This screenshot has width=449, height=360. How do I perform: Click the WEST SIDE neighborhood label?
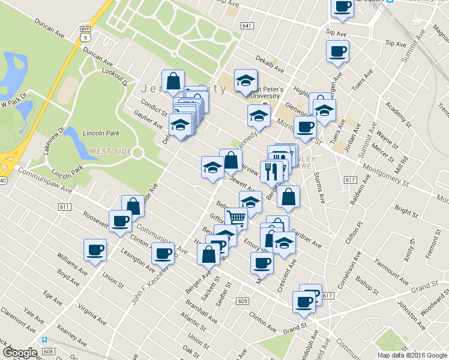tap(110, 151)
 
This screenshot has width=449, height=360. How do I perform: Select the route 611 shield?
tap(65, 206)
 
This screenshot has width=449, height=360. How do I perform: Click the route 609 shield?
tap(242, 301)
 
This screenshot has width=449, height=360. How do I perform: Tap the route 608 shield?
tap(49, 351)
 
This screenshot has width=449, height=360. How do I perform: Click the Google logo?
tap(20, 353)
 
